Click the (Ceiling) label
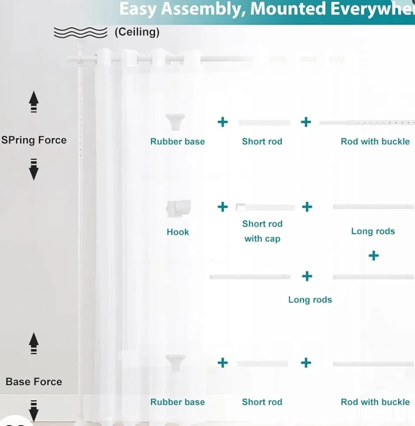tap(137, 32)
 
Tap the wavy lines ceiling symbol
tap(80, 32)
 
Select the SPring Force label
tap(34, 140)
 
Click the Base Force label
tap(34, 382)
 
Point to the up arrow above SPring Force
tap(34, 102)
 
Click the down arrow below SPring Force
tap(34, 170)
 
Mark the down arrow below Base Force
tap(34, 411)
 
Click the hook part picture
tap(178, 207)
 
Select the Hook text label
tap(178, 232)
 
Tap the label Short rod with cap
tap(262, 231)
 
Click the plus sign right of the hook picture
tap(223, 207)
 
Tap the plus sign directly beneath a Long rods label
tap(374, 256)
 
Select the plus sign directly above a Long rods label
tap(307, 276)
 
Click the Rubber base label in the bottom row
tap(178, 402)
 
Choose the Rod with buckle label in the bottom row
tap(375, 402)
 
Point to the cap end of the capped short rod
tap(240, 207)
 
